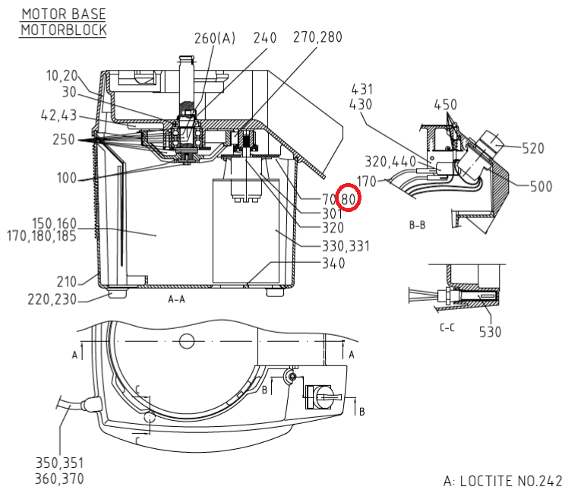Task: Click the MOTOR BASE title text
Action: (x=64, y=14)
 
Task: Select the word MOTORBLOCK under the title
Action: (x=64, y=30)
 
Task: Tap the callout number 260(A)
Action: (x=215, y=38)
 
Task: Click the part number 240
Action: (x=265, y=37)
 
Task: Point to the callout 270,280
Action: (x=317, y=36)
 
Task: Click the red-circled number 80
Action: (x=348, y=198)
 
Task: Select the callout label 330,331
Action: (x=346, y=246)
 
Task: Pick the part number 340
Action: (x=333, y=263)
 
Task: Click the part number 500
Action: (x=541, y=186)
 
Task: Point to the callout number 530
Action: (x=490, y=332)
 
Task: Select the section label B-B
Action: (x=417, y=226)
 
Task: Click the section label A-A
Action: (x=176, y=299)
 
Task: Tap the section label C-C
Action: (x=447, y=327)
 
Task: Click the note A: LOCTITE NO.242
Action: (x=503, y=481)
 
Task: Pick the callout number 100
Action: (x=67, y=178)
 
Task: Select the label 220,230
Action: (x=52, y=299)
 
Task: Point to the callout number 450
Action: (x=445, y=105)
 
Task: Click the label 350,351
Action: (x=59, y=463)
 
